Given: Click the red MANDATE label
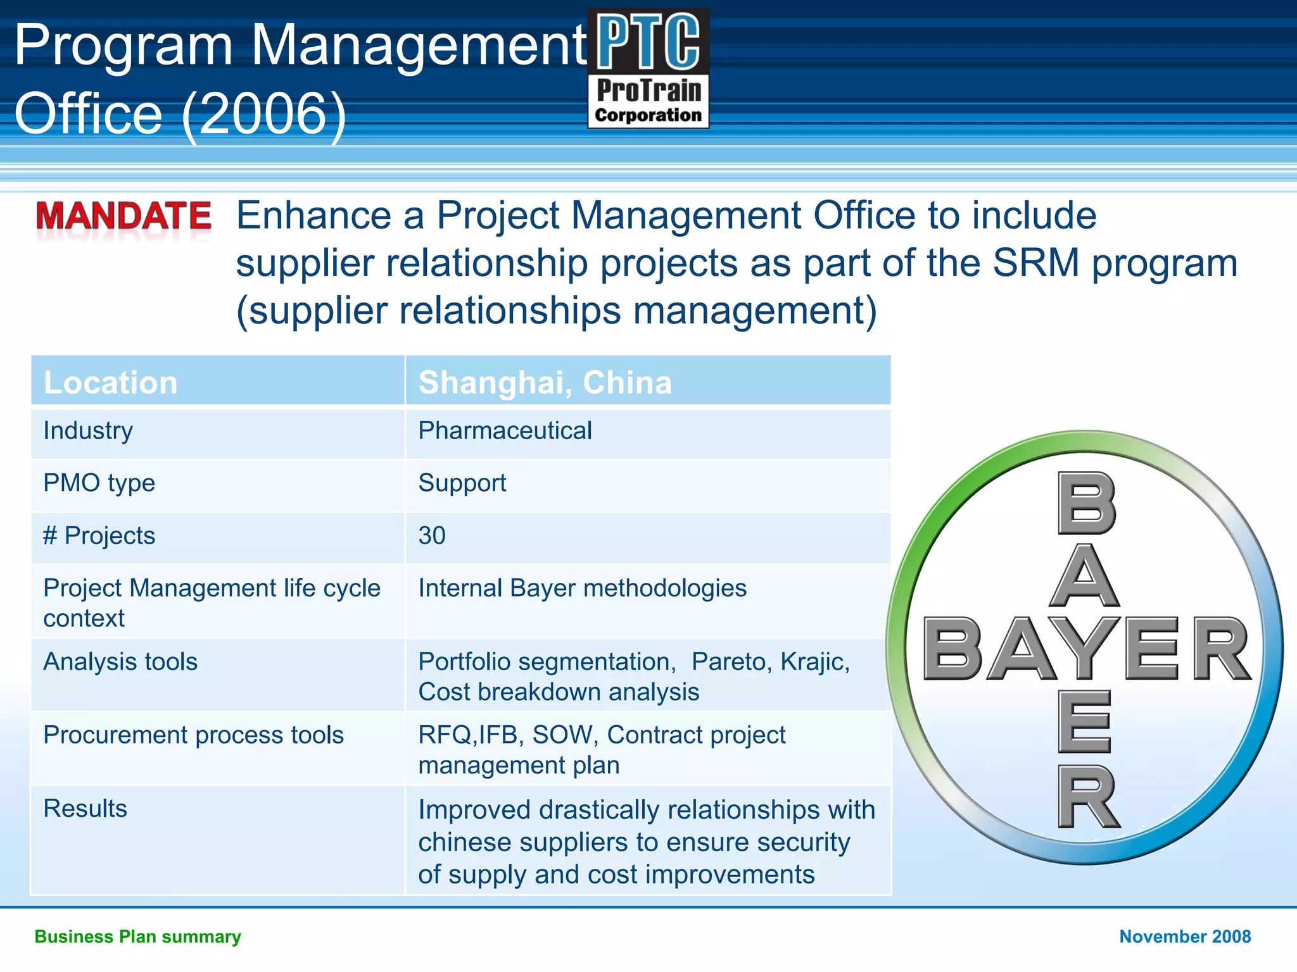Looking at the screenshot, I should pyautogui.click(x=123, y=216).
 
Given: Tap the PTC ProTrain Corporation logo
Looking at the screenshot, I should pyautogui.click(x=648, y=68).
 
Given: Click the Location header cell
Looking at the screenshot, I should pyautogui.click(x=110, y=383).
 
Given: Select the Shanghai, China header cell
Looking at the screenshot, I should pyautogui.click(x=545, y=383).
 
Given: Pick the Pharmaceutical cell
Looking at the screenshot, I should pyautogui.click(x=505, y=431).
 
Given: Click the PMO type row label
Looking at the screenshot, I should pyautogui.click(x=99, y=483).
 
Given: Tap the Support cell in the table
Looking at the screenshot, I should pyautogui.click(x=462, y=483).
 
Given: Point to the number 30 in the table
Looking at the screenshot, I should pyautogui.click(x=432, y=536).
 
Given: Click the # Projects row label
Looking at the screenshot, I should pyautogui.click(x=99, y=536).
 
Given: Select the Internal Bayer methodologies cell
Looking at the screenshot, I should pyautogui.click(x=582, y=589).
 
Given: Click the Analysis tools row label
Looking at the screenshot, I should pyautogui.click(x=120, y=662).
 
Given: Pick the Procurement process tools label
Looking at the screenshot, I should pyautogui.click(x=193, y=735).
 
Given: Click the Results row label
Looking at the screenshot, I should pyautogui.click(x=85, y=809).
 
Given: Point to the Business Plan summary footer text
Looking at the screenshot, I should pyautogui.click(x=137, y=937).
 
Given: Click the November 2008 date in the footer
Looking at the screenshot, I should pyautogui.click(x=1185, y=937).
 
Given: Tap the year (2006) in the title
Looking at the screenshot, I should pyautogui.click(x=264, y=115).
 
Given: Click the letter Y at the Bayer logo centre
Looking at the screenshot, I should pyautogui.click(x=1084, y=649).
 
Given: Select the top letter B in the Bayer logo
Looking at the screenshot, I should pyautogui.click(x=1086, y=504).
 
